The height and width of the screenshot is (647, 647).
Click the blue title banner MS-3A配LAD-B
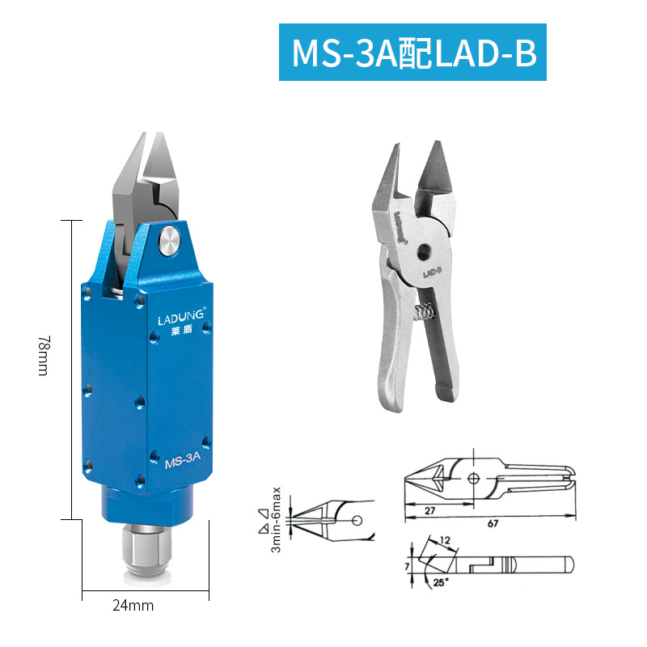click(x=412, y=52)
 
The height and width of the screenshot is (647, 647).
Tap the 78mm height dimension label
click(x=44, y=355)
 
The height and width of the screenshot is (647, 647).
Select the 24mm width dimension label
click(x=133, y=605)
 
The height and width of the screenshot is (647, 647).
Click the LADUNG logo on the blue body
click(x=180, y=316)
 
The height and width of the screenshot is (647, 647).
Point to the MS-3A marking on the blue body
click(x=183, y=459)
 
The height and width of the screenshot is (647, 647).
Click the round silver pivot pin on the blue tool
click(x=169, y=240)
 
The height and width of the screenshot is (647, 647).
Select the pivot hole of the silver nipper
click(x=424, y=252)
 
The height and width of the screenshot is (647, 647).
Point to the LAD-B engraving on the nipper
click(x=432, y=272)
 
